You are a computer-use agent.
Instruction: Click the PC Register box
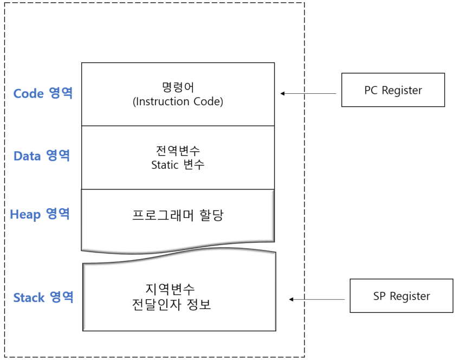pyautogui.click(x=393, y=90)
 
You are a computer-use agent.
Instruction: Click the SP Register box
pyautogui.click(x=401, y=296)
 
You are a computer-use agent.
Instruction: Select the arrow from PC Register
pyautogui.click(x=309, y=94)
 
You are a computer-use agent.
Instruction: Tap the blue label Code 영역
pyautogui.click(x=43, y=93)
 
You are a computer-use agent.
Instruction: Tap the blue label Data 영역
pyautogui.click(x=42, y=156)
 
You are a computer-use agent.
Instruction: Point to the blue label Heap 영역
pyautogui.click(x=40, y=214)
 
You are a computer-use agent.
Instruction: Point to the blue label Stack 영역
pyautogui.click(x=43, y=298)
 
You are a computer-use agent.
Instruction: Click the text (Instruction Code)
pyautogui.click(x=178, y=101)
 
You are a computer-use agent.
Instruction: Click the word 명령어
pyautogui.click(x=178, y=87)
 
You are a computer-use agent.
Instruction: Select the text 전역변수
pyautogui.click(x=178, y=151)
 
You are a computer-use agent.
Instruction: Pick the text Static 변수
pyautogui.click(x=178, y=165)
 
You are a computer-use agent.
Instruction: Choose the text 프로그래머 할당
pyautogui.click(x=178, y=215)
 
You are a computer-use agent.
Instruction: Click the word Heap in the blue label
pyautogui.click(x=25, y=215)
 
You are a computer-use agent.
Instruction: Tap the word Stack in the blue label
pyautogui.click(x=29, y=298)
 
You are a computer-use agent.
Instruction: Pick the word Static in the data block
pyautogui.click(x=165, y=165)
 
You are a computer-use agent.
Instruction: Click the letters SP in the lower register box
pyautogui.click(x=380, y=296)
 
